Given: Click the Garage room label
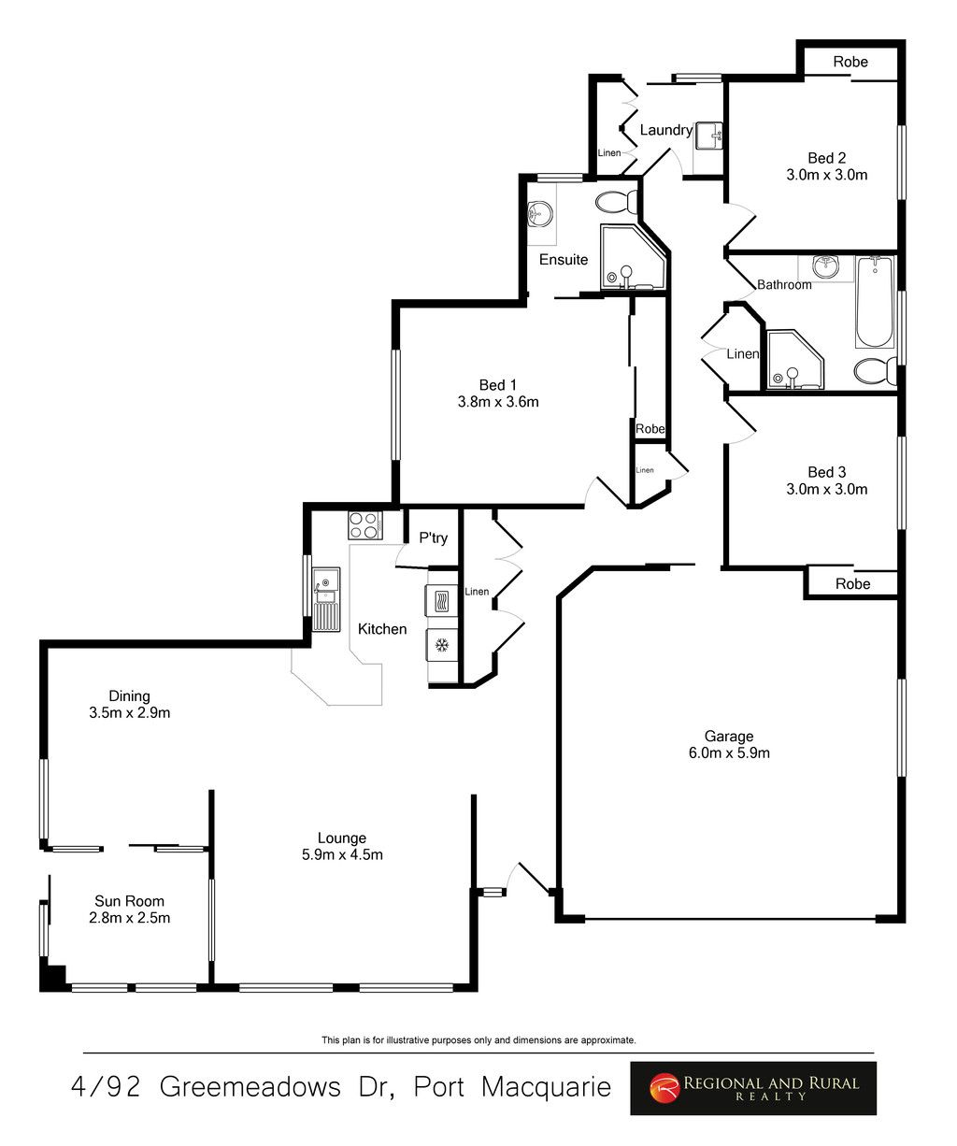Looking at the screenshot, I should point(728,736).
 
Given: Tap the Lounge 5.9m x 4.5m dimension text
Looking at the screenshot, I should point(341,854).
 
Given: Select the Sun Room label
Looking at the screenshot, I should point(129,901).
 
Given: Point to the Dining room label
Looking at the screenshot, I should point(129,695).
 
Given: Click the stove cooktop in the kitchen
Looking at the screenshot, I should point(363,526).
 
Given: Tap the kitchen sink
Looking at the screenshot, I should point(325,598).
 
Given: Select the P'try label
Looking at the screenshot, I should point(433,537).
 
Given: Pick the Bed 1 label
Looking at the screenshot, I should point(497,384).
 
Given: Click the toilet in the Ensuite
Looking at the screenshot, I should point(616,201).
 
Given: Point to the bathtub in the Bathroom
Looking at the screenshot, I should point(874,303).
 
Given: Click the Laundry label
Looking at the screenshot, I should point(665,130).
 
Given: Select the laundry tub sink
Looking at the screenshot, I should point(710,136).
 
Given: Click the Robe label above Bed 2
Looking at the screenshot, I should point(850,62).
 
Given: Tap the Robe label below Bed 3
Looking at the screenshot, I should point(852,583).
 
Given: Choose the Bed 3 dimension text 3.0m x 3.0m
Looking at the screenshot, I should point(826,489).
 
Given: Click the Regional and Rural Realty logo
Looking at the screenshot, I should point(753,1088).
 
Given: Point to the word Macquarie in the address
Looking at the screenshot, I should point(547,1087).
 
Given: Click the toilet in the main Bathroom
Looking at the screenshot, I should point(874,371).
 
